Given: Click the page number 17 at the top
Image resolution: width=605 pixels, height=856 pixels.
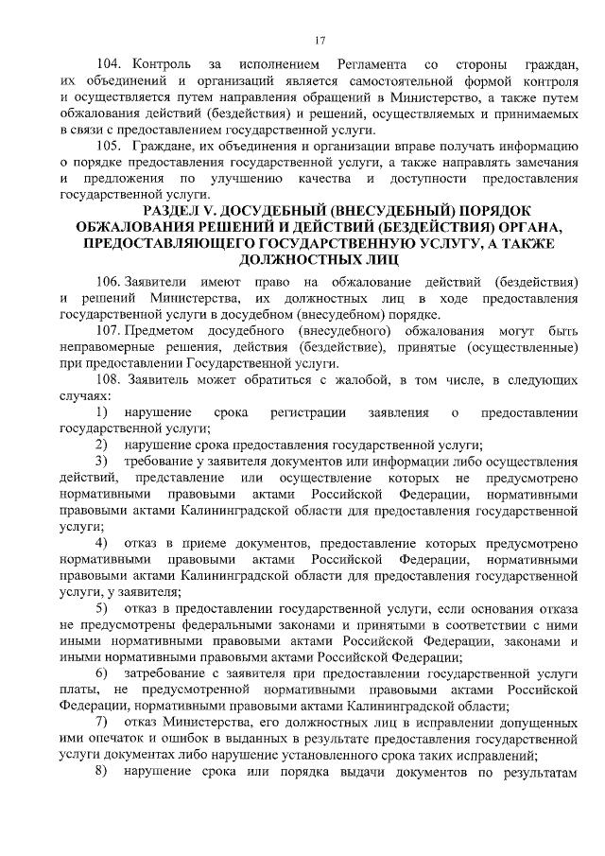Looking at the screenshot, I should click(320, 40).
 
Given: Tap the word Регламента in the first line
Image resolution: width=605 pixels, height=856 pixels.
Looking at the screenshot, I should click(372, 65).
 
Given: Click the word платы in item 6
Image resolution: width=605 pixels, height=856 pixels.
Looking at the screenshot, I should click(78, 690).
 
